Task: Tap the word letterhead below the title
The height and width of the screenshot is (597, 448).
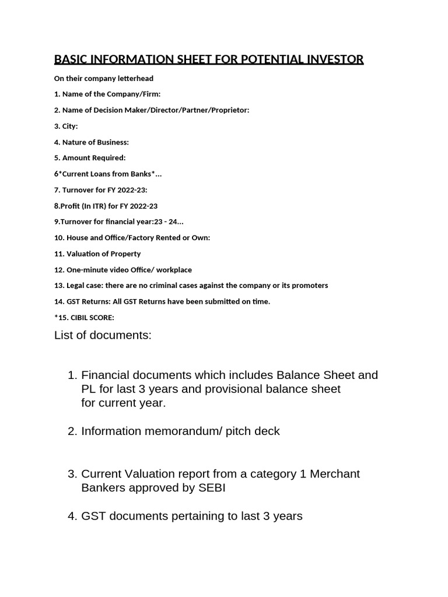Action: coord(134,78)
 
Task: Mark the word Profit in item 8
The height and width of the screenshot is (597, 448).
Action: coord(74,206)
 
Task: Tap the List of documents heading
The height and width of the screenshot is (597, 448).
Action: coord(102,335)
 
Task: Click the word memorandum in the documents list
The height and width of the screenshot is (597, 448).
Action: coord(176,431)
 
